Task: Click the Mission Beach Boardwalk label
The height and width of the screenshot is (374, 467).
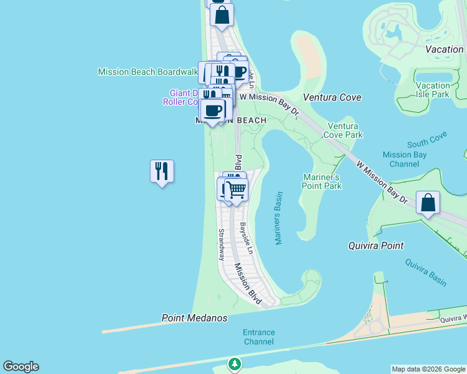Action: coord(147,72)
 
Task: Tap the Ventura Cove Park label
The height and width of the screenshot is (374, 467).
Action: coord(345,130)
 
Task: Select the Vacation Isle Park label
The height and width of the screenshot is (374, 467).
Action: coord(433,90)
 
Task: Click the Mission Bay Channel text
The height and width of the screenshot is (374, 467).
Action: coord(404,159)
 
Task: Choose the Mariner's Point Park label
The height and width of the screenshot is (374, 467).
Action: coord(322,181)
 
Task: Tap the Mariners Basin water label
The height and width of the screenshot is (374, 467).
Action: coord(278,218)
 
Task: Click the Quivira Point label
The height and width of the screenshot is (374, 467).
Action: coord(375,246)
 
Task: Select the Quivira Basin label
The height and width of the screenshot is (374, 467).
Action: coord(426,272)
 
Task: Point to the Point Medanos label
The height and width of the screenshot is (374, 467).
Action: coord(194,318)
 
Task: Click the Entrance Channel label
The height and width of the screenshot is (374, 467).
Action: coord(258,337)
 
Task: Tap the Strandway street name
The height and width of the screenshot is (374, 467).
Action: coord(221,244)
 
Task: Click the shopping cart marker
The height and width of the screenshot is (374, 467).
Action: coord(236,189)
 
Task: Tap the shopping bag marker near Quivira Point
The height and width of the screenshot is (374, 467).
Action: coord(428,203)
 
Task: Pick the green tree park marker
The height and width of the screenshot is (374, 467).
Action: coord(234,363)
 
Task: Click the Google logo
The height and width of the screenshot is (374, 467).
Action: coord(21,367)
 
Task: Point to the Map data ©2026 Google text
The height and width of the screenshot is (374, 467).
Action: coord(428,369)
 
